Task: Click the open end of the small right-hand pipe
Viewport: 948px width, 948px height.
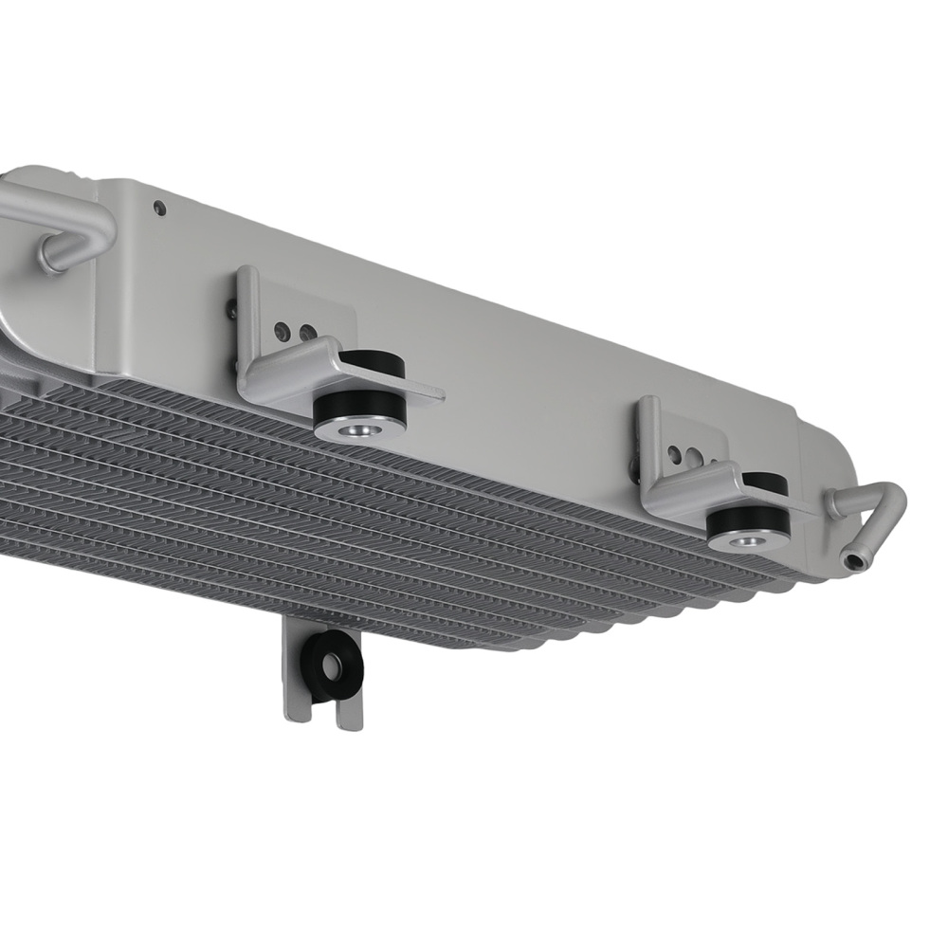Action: coord(856,562)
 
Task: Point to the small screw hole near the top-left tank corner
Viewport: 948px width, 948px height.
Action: coord(159,206)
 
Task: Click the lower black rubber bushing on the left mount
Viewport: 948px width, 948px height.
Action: coord(360,409)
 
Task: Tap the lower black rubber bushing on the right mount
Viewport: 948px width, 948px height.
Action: coord(749,520)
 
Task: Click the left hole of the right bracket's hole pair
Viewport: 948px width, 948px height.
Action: coord(674,454)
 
